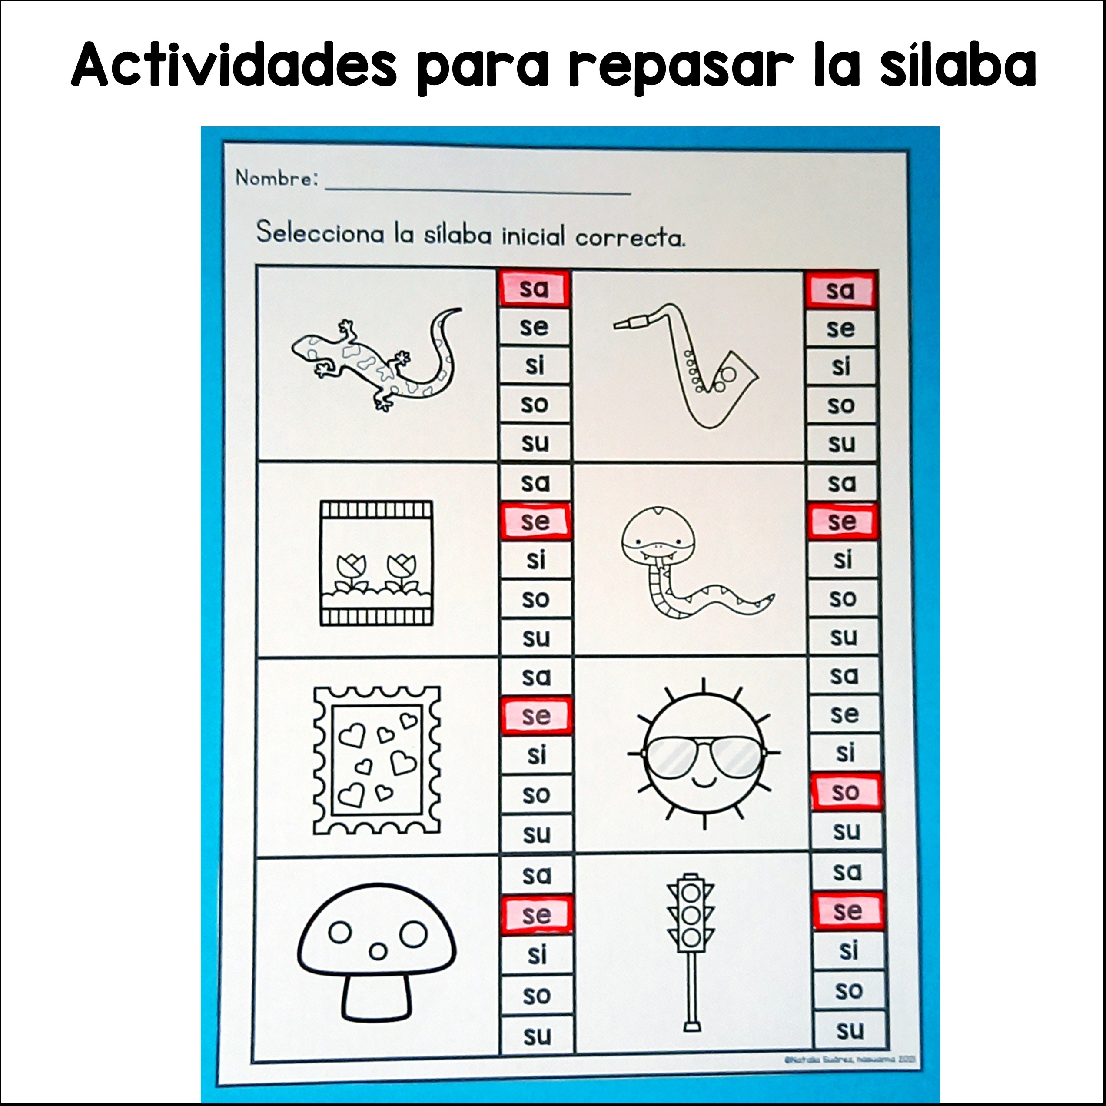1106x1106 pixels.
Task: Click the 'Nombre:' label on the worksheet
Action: [x=276, y=179]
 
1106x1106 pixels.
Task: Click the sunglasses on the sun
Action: [x=704, y=757]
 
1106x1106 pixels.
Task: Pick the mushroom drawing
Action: [x=377, y=951]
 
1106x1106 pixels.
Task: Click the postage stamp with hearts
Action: [x=377, y=760]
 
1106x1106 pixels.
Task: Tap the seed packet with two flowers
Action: [x=376, y=563]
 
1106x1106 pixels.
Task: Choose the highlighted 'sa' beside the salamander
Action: [x=534, y=288]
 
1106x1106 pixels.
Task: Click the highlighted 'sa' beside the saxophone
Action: [x=840, y=290]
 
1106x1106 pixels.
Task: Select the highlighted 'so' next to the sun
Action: [x=846, y=792]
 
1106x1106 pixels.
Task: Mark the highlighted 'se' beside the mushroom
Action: [x=536, y=915]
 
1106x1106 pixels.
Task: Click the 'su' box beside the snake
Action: [x=843, y=637]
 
